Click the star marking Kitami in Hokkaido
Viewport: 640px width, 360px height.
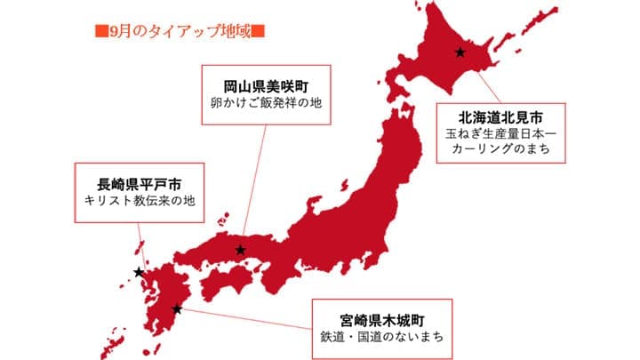[460, 52]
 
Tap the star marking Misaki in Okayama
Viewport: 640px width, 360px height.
[240, 250]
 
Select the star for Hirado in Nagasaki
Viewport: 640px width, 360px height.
[138, 272]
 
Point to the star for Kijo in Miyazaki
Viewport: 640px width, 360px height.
[178, 309]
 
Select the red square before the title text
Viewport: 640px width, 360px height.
[100, 32]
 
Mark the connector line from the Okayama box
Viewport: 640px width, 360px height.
[252, 187]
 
